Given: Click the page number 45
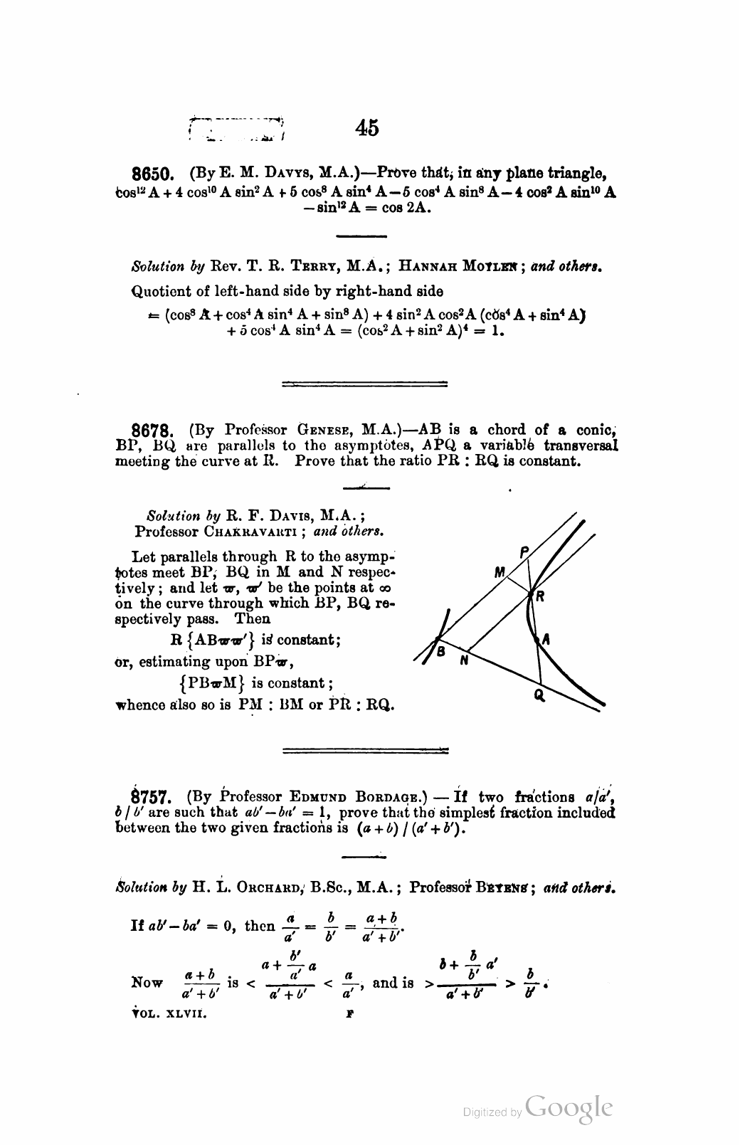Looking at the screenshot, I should pos(368,128).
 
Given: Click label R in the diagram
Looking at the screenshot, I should pos(540,598).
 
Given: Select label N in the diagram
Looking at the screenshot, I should pos(463,659).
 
